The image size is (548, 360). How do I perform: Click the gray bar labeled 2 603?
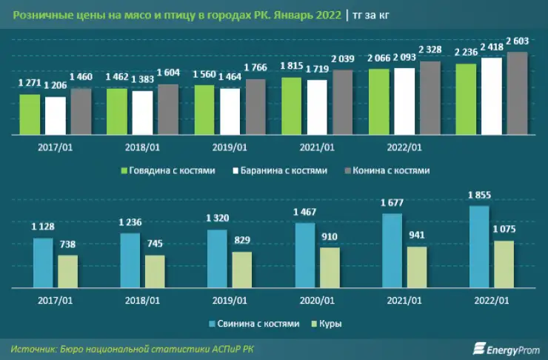[517, 93]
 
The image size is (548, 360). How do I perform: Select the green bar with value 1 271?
[30, 115]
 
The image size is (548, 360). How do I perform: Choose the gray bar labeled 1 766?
[255, 107]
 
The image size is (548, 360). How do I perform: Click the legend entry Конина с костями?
[387, 170]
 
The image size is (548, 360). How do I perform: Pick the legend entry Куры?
[331, 324]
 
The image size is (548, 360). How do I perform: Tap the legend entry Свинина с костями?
[255, 324]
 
